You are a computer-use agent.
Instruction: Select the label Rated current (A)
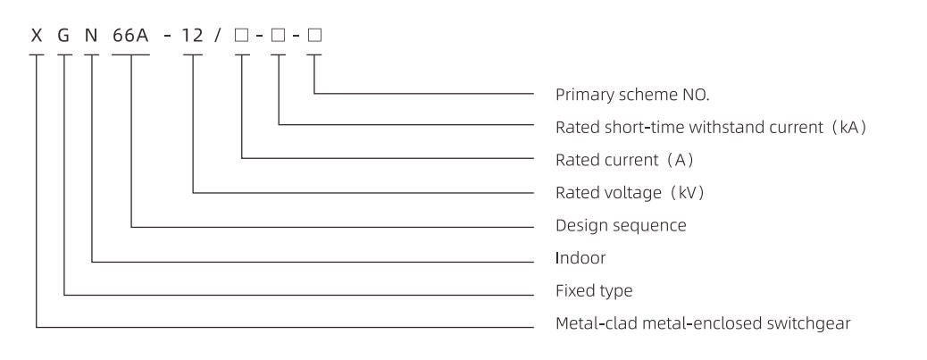[x=613, y=160]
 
